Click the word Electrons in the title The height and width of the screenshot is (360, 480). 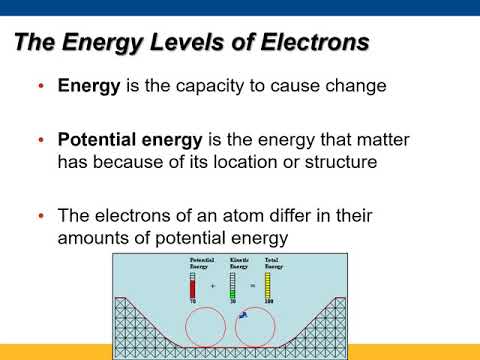point(305,43)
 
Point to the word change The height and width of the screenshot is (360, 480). point(356,87)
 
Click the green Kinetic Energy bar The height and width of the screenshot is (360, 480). point(233,287)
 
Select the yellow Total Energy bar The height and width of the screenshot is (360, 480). point(267,285)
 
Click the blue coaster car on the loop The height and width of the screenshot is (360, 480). point(242,315)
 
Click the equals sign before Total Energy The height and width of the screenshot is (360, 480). point(251,286)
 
